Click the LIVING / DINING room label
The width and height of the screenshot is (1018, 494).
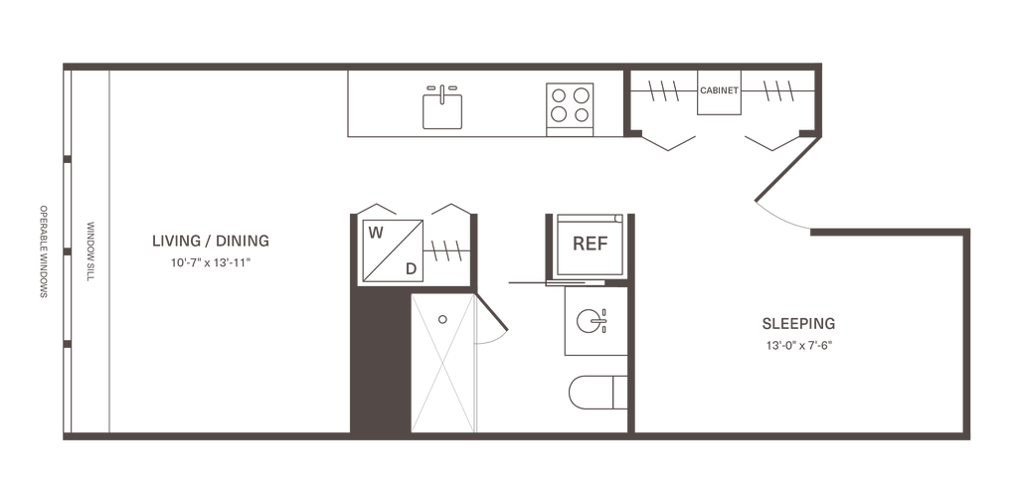211,241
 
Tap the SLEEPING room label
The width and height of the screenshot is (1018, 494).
798,323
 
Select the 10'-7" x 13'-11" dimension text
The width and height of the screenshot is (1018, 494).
211,263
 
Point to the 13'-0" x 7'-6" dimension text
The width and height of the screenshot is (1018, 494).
798,346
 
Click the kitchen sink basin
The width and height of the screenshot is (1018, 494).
442,111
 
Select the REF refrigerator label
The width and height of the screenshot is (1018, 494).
591,245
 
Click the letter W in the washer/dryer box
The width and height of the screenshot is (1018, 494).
375,233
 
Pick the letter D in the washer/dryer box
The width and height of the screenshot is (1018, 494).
411,268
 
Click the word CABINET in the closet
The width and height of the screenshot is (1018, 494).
719,90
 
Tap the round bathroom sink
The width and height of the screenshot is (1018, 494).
590,321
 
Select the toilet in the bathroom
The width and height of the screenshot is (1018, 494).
597,392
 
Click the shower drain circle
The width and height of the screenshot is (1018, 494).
442,319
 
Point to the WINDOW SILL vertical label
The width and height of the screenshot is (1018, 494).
90,250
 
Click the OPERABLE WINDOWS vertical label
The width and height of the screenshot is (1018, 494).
44,251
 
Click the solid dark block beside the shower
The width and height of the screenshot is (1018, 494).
381,360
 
